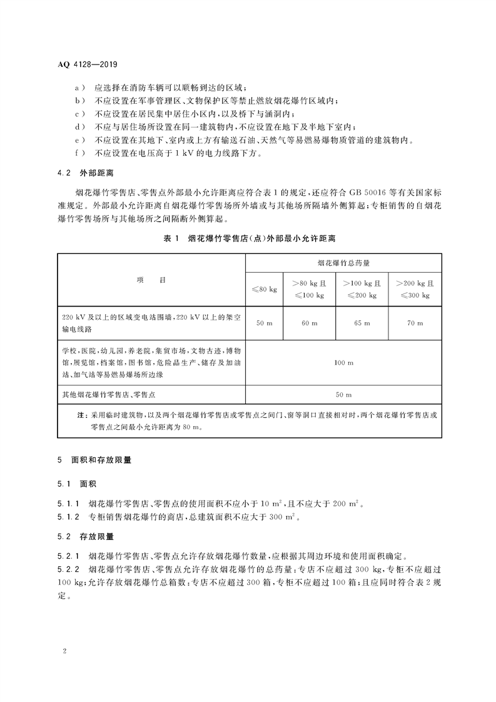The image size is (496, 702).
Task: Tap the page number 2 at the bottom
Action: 64,650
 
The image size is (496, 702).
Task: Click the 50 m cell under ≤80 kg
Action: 265,323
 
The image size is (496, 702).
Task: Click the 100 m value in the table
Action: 343,363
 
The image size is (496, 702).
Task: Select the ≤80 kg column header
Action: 265,288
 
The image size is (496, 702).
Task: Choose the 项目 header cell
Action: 151,280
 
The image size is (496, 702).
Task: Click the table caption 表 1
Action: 171,238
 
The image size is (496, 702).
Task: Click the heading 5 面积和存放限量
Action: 94,459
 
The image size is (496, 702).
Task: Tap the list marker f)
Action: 78,153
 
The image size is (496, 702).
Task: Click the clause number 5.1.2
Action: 68,517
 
